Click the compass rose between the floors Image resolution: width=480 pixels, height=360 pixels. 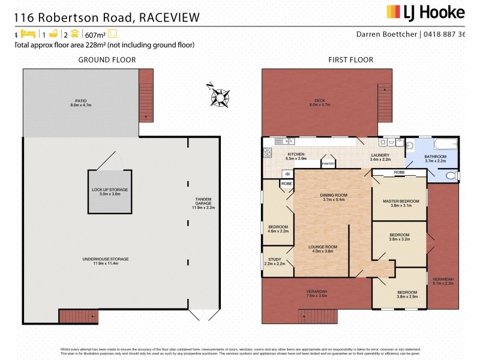(x=220, y=95)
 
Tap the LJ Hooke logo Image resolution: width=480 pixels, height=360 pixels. (x=425, y=12)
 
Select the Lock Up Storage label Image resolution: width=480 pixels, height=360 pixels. (x=110, y=191)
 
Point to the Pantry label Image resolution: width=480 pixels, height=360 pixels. (x=328, y=163)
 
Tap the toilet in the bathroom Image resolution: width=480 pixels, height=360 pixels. (x=452, y=175)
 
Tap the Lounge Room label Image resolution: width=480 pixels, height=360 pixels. (x=323, y=249)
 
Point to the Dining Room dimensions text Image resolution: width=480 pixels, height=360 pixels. (x=333, y=199)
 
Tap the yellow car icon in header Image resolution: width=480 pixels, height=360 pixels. (x=75, y=34)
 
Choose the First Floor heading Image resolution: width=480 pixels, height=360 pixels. (x=350, y=59)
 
